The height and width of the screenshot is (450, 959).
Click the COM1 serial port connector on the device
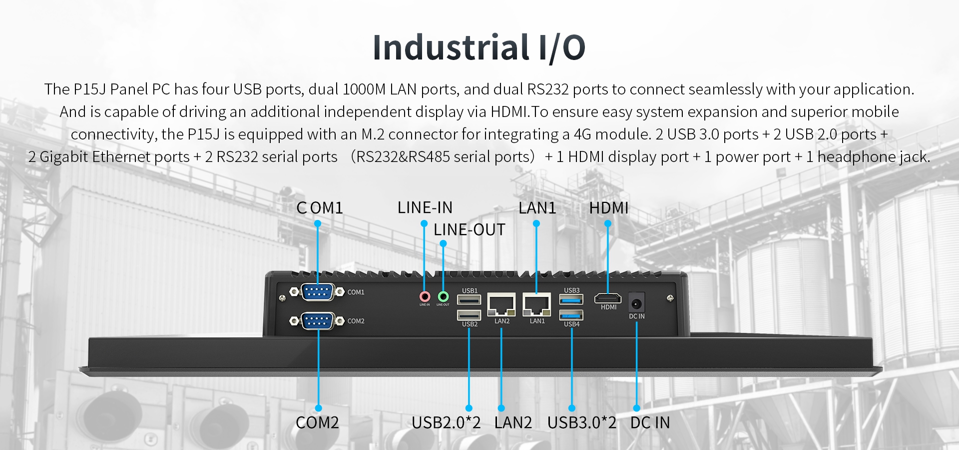pyautogui.click(x=317, y=291)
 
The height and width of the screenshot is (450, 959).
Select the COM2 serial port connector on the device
pyautogui.click(x=317, y=320)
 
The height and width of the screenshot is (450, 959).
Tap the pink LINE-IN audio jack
pyautogui.click(x=425, y=296)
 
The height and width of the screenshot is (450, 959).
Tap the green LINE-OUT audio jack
pyautogui.click(x=443, y=296)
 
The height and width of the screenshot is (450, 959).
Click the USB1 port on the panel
pyautogui.click(x=469, y=300)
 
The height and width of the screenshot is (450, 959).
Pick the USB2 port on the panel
pyautogui.click(x=469, y=315)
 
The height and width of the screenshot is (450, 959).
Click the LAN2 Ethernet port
pyautogui.click(x=501, y=304)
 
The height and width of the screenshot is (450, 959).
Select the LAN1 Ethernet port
pyautogui.click(x=536, y=304)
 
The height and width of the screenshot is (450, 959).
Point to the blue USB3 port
pyautogui.click(x=571, y=299)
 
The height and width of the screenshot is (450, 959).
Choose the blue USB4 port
pyautogui.click(x=571, y=315)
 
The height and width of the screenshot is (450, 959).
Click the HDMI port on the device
pyautogui.click(x=608, y=299)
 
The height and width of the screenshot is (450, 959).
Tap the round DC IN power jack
pyautogui.click(x=636, y=303)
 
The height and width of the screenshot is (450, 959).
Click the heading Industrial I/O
pyautogui.click(x=479, y=47)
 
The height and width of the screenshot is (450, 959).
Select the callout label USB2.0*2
pyautogui.click(x=446, y=423)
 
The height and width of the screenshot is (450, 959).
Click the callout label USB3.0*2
pyautogui.click(x=582, y=423)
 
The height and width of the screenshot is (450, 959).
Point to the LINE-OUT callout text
pyautogui.click(x=470, y=230)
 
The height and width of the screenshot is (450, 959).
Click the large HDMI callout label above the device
pyautogui.click(x=609, y=208)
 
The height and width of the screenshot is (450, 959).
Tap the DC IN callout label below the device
pyautogui.click(x=650, y=423)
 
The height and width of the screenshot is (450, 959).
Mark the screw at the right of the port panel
pyautogui.click(x=670, y=298)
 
